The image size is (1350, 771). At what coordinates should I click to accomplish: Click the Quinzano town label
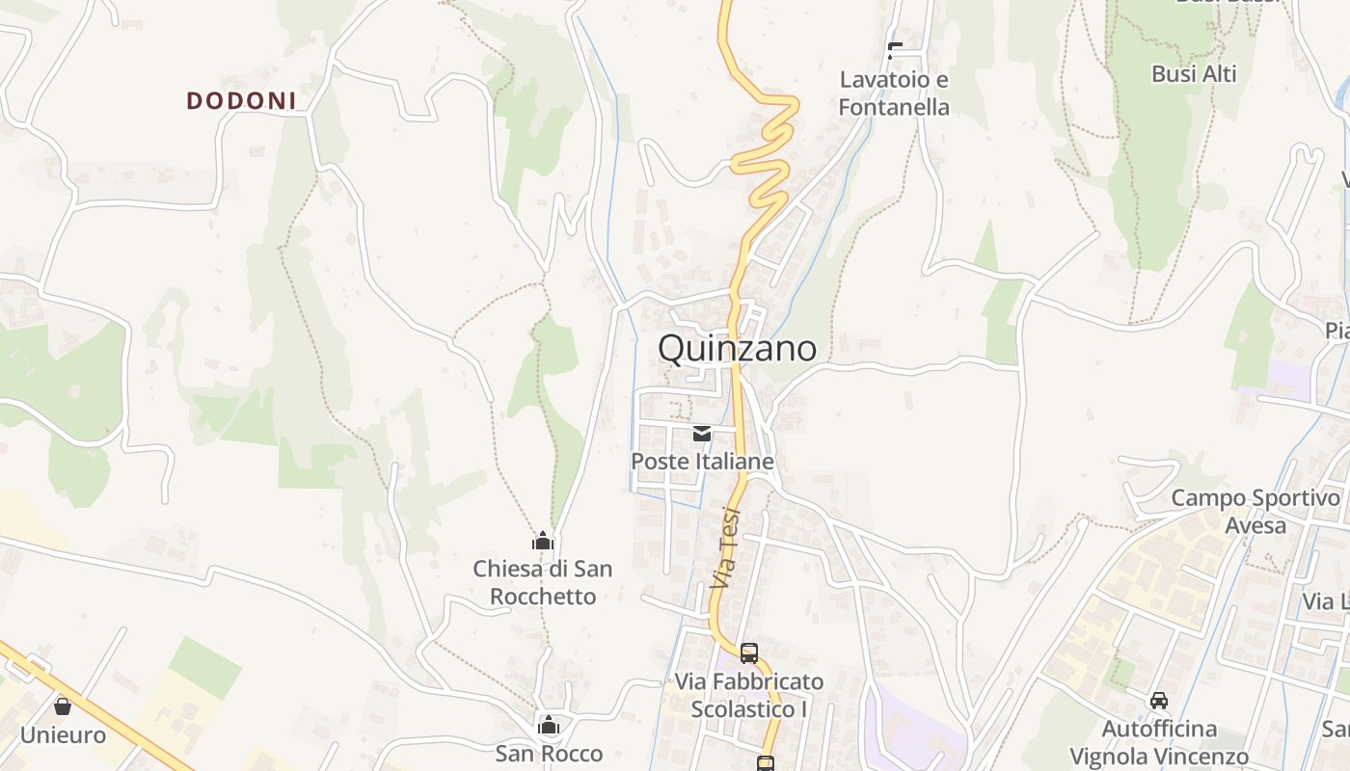click(x=737, y=349)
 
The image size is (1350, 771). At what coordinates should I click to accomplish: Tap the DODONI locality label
click(x=241, y=100)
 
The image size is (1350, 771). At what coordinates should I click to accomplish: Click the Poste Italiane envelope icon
click(x=702, y=434)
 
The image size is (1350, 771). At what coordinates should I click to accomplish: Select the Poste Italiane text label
click(x=702, y=462)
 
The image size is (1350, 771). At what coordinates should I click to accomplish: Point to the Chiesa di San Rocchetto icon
click(x=543, y=542)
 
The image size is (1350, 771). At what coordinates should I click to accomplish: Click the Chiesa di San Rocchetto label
click(x=543, y=582)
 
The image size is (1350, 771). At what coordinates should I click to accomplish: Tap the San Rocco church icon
click(x=549, y=725)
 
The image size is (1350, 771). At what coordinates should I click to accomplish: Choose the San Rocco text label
click(x=549, y=753)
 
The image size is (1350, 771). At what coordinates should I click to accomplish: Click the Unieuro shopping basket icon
click(x=63, y=706)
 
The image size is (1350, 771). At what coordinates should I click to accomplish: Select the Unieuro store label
click(x=63, y=735)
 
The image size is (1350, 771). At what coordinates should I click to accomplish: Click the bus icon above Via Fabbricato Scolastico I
click(x=749, y=652)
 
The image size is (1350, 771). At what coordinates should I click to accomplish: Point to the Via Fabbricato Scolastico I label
click(x=749, y=695)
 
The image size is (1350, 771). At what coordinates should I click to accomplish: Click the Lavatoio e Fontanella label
click(x=894, y=93)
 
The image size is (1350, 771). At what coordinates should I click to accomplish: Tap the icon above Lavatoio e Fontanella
click(x=895, y=51)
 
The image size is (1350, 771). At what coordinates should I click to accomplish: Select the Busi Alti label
click(x=1194, y=74)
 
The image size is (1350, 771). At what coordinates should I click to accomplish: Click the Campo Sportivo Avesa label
click(x=1255, y=512)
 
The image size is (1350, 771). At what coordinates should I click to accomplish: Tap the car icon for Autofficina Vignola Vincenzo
click(x=1159, y=700)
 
